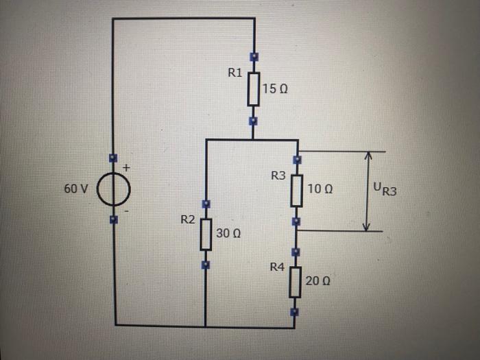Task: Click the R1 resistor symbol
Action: pos(254,89)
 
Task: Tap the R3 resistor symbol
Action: pos(296,191)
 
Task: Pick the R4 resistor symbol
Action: pos(295,281)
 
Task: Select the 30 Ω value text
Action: pos(227,233)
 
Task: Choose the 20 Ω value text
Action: pos(317,281)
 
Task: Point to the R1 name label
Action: pos(235,73)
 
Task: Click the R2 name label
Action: pos(187,220)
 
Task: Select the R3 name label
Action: pos(278,176)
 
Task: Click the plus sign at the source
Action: pos(126,167)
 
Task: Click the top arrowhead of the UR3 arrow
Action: pos(368,156)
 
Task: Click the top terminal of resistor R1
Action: pos(254,57)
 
